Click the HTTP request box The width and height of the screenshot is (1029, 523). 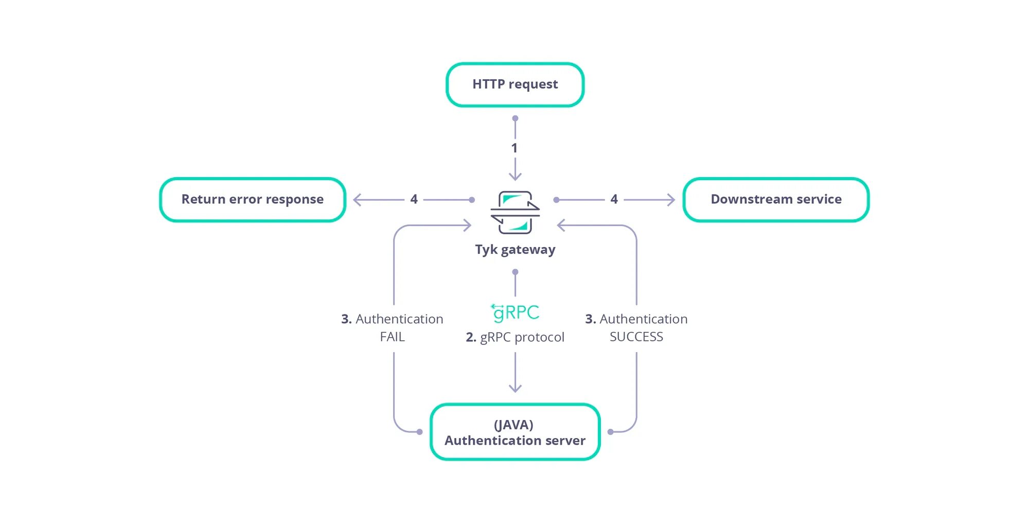tap(515, 85)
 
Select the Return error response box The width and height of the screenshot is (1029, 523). tap(253, 200)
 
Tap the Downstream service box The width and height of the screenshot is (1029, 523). tap(776, 200)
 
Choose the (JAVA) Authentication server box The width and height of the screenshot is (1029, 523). tap(515, 432)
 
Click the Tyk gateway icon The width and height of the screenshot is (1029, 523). tap(515, 212)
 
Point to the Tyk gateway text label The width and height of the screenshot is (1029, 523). tap(515, 250)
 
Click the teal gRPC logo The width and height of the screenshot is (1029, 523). tap(515, 312)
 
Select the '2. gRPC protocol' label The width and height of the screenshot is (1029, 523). tap(515, 337)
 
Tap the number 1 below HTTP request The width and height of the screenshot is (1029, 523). tap(514, 148)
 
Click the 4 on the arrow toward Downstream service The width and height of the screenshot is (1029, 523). tap(614, 199)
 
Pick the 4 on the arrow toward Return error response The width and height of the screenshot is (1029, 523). tap(414, 199)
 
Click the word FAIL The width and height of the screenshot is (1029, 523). tap(392, 337)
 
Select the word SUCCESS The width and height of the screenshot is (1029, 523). tap(636, 337)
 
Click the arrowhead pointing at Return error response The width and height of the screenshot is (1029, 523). tap(357, 200)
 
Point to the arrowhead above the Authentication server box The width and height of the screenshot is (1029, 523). tap(515, 389)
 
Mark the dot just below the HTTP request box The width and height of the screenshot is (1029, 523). tap(515, 118)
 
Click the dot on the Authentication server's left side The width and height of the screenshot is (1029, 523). tap(420, 432)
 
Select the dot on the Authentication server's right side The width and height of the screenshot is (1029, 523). tap(610, 432)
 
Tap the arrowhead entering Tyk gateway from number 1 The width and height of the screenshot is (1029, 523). tap(515, 177)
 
